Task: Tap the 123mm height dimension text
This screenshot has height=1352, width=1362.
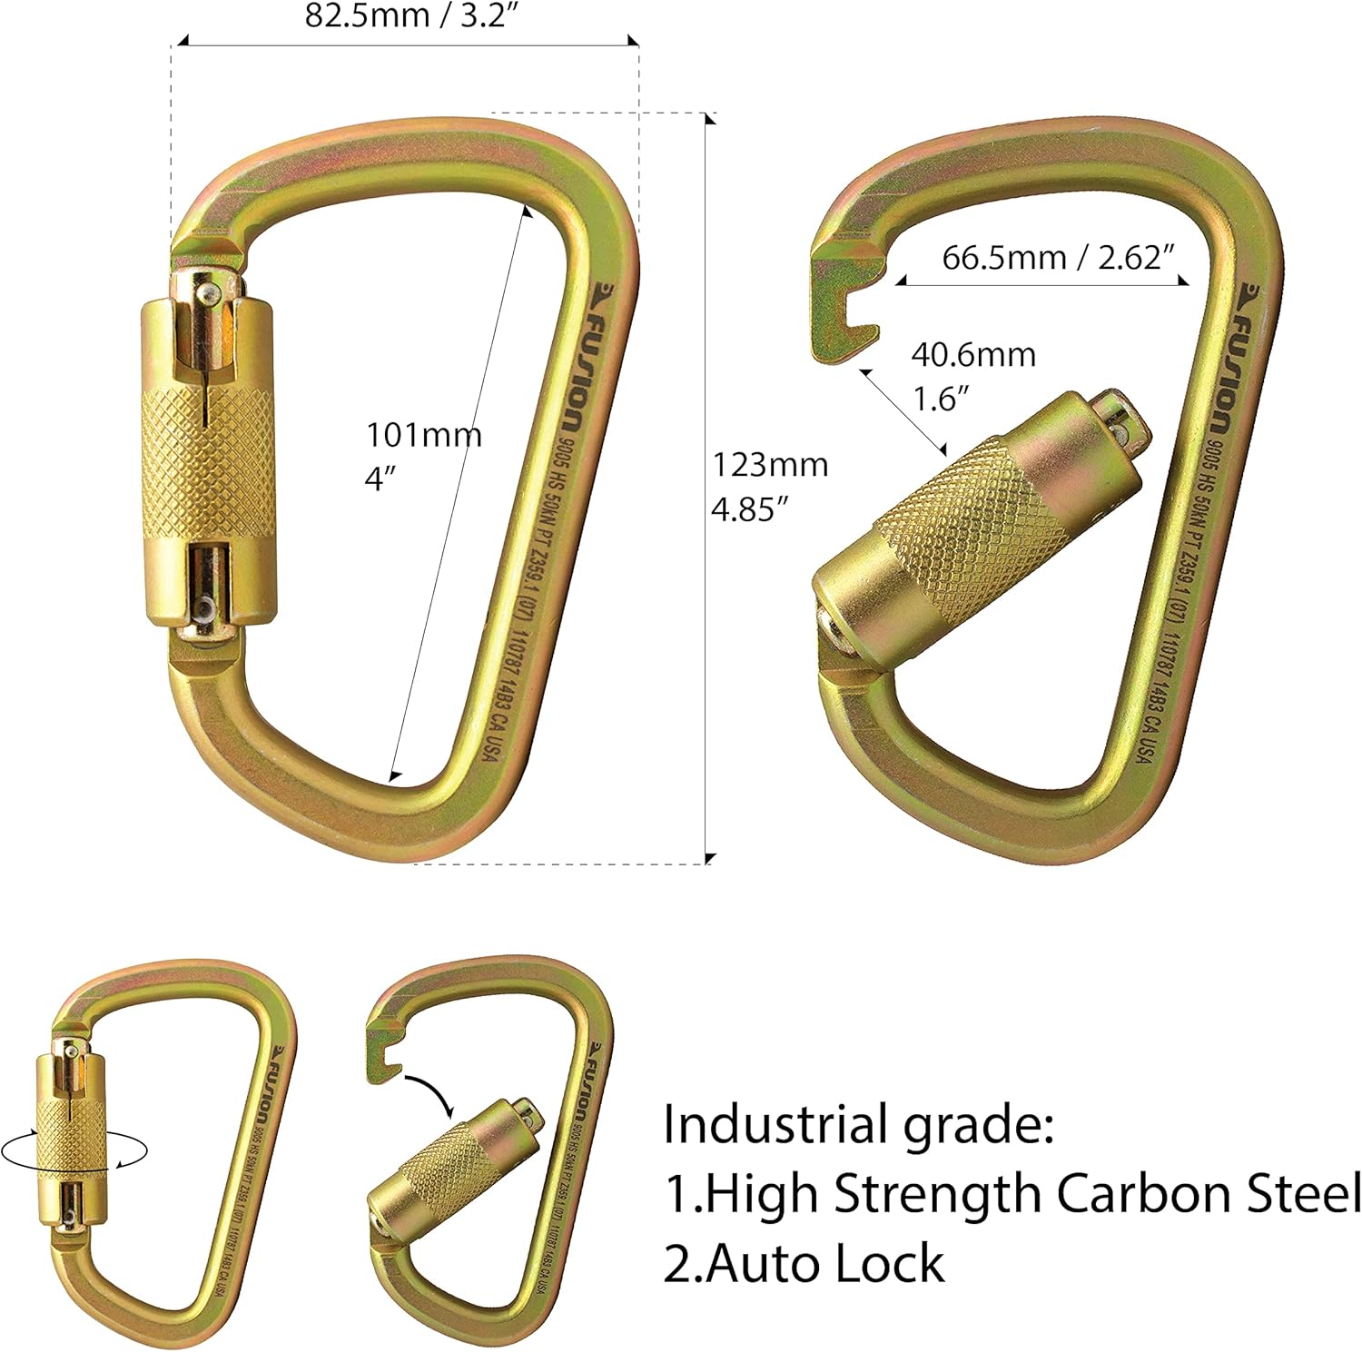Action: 769,465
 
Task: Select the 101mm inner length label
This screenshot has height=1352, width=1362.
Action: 423,435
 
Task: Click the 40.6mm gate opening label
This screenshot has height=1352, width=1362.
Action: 973,354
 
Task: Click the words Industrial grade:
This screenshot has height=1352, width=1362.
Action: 858,1124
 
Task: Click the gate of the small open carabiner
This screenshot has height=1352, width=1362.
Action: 454,1165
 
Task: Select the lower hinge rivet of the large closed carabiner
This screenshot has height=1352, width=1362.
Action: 207,606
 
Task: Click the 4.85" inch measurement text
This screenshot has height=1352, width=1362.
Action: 747,509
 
